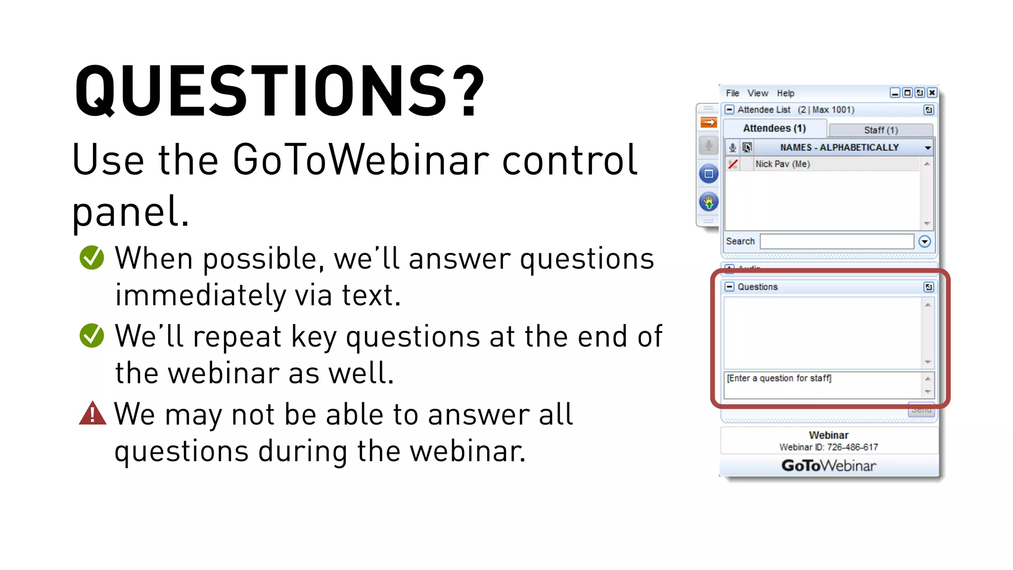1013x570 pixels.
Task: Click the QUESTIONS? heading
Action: point(279,92)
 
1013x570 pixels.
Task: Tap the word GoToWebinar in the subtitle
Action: point(360,160)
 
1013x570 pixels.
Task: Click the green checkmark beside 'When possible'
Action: point(92,258)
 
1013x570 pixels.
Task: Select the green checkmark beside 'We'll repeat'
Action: point(92,335)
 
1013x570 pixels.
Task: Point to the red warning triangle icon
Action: point(92,414)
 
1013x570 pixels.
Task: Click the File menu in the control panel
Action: point(732,93)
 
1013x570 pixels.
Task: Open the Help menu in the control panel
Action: point(785,93)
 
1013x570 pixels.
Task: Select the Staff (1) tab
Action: point(880,130)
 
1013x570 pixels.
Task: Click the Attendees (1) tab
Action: point(774,129)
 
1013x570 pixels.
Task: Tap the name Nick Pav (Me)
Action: point(783,164)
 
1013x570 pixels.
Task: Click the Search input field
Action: point(836,241)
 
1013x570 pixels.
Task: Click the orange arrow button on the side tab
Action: point(708,122)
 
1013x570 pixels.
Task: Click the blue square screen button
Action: point(708,174)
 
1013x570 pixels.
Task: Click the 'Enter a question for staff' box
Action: point(822,384)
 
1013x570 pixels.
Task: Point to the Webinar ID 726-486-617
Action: point(829,447)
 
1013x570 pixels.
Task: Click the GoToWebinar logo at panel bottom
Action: point(829,466)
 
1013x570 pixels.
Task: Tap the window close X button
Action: point(932,93)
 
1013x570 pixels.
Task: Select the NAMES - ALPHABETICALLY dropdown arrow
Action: point(927,148)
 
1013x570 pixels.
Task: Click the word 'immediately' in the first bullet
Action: point(200,295)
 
